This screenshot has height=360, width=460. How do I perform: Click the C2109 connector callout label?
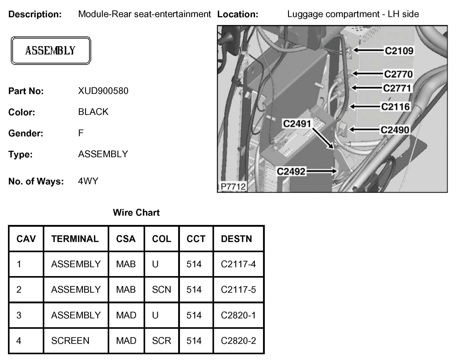tap(399, 51)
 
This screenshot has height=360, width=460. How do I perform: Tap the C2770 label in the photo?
tap(398, 74)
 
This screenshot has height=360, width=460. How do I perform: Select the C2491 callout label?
tap(297, 124)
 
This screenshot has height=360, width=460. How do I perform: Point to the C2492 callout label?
tap(291, 172)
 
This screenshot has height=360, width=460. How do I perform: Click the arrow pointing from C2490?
tap(364, 130)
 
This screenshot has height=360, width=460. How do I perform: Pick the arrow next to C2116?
tap(365, 107)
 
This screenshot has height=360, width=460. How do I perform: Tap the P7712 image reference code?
tap(233, 187)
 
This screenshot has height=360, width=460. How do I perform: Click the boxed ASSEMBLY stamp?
tap(51, 51)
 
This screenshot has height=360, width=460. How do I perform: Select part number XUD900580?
tap(103, 91)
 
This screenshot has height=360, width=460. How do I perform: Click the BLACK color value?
tap(93, 112)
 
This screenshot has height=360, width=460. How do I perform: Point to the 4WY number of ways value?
tap(88, 181)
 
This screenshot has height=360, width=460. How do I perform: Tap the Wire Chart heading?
tap(136, 213)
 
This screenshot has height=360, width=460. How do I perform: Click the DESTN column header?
tap(236, 239)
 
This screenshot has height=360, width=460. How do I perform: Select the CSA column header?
tap(126, 239)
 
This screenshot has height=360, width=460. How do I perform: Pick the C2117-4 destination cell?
tap(238, 264)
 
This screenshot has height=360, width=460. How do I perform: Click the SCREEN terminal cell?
tap(70, 341)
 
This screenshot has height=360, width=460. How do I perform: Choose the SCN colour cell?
tap(161, 289)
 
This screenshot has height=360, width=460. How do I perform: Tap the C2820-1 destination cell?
tap(238, 315)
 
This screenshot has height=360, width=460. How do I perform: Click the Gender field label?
tap(26, 133)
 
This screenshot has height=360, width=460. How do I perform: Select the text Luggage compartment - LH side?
tap(353, 14)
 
